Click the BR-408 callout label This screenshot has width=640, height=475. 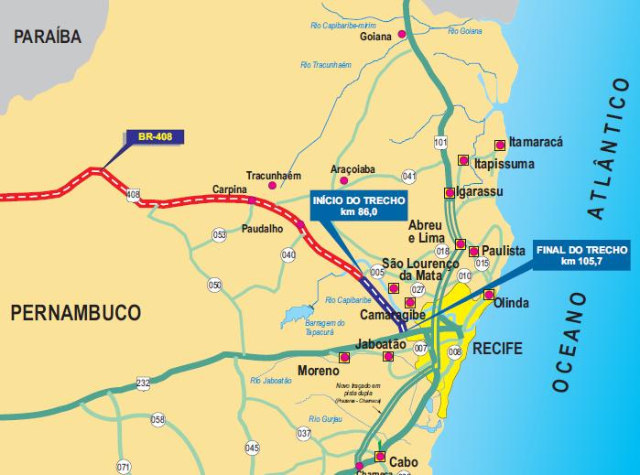(155, 137)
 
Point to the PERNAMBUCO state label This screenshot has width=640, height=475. (76, 314)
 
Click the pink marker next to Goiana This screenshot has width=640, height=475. (399, 37)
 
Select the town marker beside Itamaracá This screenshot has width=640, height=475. (499, 145)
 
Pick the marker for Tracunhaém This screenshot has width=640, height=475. (271, 186)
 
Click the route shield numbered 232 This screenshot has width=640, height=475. (143, 383)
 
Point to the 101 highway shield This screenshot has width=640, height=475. (440, 143)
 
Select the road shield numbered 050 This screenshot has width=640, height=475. (215, 286)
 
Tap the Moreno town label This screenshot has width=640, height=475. (320, 372)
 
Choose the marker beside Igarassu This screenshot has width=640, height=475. (449, 193)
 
